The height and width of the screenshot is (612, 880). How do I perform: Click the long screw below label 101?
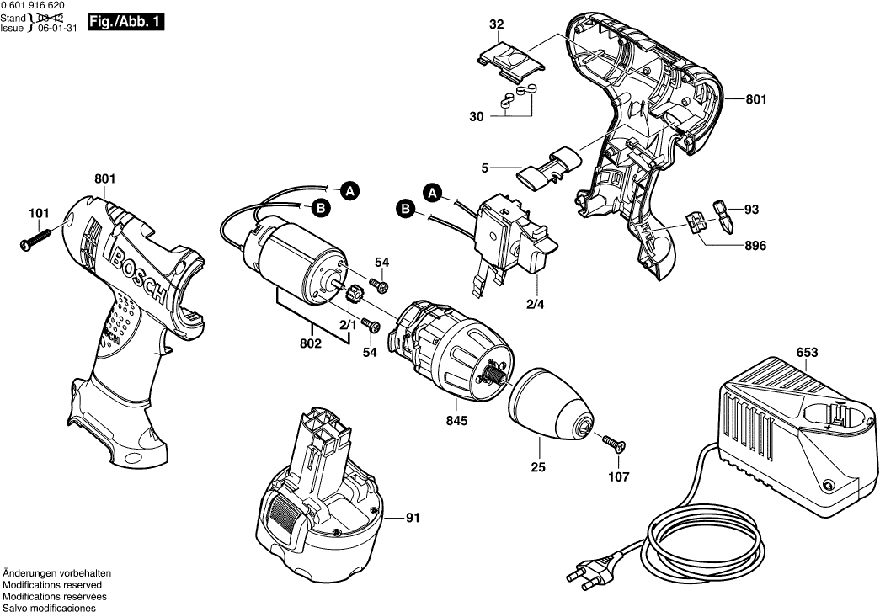34,238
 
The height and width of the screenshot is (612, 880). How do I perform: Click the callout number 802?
312,344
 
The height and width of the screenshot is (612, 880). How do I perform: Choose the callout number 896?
755,247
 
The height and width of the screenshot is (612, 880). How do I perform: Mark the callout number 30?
477,117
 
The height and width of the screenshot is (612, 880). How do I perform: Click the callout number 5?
484,167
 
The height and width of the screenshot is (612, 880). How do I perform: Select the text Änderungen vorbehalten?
57,572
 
